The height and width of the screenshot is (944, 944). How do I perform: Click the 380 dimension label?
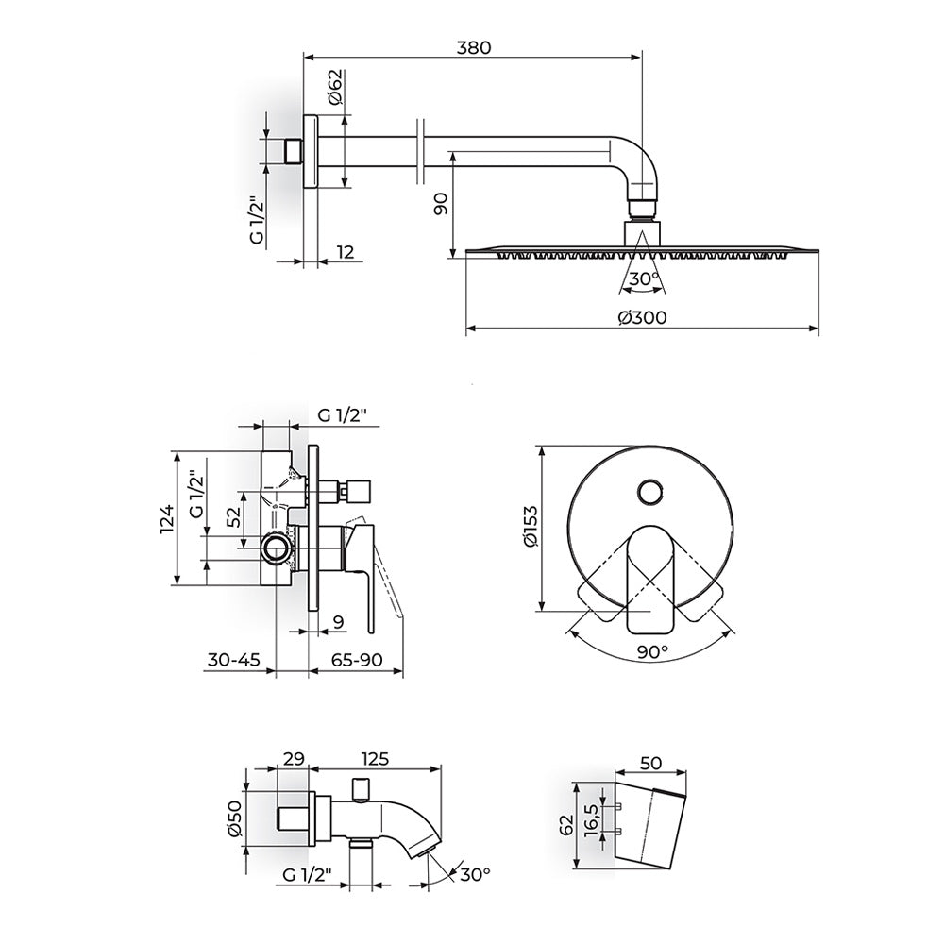click(x=474, y=47)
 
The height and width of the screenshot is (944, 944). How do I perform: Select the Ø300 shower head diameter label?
click(x=642, y=316)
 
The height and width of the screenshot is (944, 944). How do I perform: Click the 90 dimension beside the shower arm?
click(x=441, y=204)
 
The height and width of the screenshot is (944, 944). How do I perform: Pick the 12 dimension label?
click(x=345, y=251)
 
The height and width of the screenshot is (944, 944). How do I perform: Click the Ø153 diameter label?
click(x=531, y=527)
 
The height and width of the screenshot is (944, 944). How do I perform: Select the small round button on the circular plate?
click(x=650, y=493)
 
